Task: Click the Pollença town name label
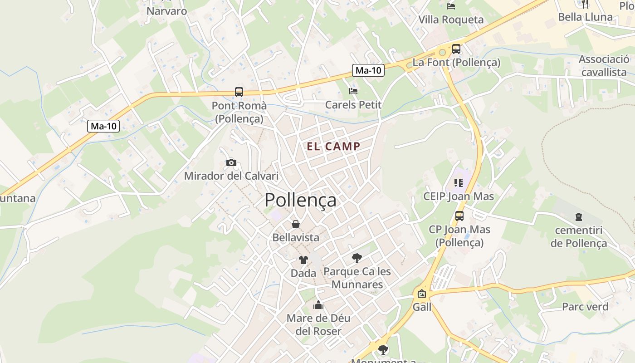click(x=300, y=200)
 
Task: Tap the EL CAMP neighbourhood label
click(x=333, y=147)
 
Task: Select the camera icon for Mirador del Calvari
click(x=231, y=162)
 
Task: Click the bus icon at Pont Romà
click(x=239, y=92)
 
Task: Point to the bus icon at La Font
click(x=456, y=49)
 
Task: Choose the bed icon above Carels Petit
click(x=353, y=91)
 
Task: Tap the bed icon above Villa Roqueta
click(x=451, y=6)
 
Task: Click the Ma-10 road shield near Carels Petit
click(x=368, y=70)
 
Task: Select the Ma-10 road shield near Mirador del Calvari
click(x=103, y=126)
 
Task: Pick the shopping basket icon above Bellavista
click(x=295, y=224)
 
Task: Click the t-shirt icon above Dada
click(x=303, y=260)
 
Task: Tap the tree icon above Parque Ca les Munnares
click(x=357, y=258)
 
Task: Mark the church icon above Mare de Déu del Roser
click(x=318, y=305)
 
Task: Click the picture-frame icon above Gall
click(x=422, y=294)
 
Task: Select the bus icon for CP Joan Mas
click(x=459, y=216)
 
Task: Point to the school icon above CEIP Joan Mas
click(x=459, y=183)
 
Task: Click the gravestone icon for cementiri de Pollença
click(x=578, y=217)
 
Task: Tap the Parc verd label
click(x=585, y=307)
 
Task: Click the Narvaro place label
click(x=167, y=11)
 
